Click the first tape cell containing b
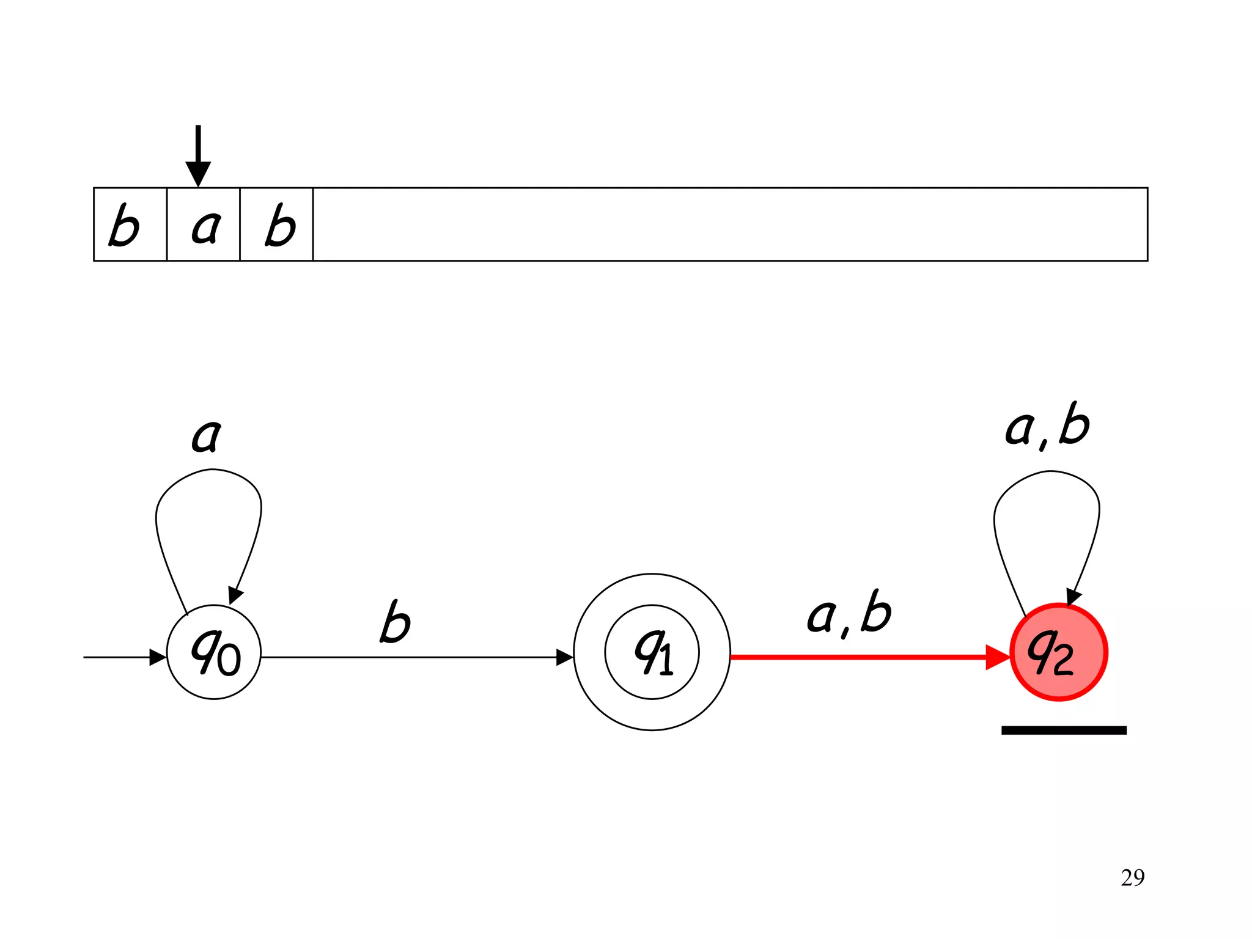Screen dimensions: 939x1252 130,224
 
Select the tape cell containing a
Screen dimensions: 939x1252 203,224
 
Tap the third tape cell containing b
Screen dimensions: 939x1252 276,224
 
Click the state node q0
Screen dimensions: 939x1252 214,652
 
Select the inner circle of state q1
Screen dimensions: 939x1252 652,652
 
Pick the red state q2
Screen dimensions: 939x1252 1058,652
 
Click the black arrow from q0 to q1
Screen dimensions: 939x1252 410,657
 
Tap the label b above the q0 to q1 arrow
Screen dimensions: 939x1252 395,622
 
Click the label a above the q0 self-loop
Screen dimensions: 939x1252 206,435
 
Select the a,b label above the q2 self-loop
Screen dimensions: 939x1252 1047,425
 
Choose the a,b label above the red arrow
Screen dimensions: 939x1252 849,613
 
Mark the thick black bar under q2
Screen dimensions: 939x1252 1064,730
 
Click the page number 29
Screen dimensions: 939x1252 1132,878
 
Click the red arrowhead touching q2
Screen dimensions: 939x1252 998,657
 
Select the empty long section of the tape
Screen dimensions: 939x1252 730,224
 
